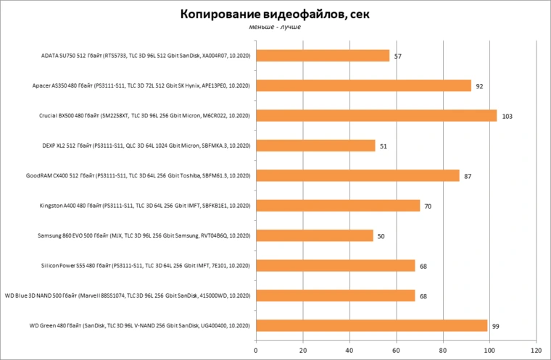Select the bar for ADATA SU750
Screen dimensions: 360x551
coord(323,56)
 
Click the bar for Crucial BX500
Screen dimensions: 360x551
coord(376,116)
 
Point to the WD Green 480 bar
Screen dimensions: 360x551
coord(372,326)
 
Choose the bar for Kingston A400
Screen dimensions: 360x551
coord(338,206)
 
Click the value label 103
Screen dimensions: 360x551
coord(507,117)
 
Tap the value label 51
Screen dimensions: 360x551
coord(383,146)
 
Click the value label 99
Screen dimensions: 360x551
coord(495,327)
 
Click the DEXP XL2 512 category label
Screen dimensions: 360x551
coord(146,146)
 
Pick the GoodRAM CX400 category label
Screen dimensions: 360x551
coord(138,176)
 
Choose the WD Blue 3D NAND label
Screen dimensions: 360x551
coord(128,296)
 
